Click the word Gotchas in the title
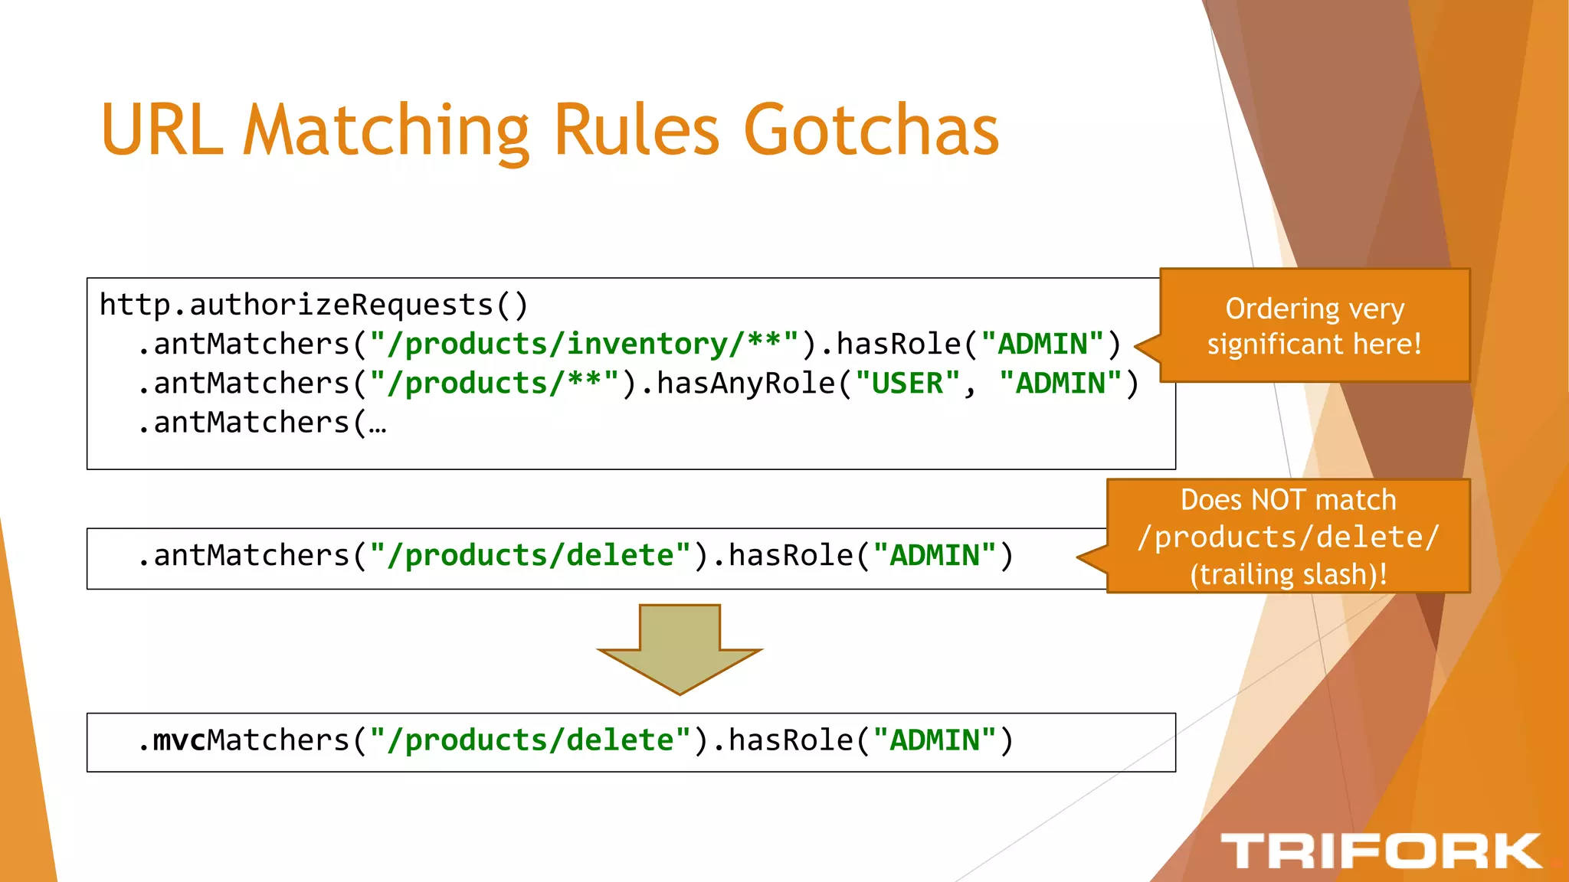point(871,130)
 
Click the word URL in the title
point(162,130)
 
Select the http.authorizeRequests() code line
point(314,305)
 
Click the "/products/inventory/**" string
point(584,344)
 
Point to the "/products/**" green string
point(494,383)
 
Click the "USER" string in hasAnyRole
point(907,383)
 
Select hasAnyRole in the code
point(745,383)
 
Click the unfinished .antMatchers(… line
point(262,423)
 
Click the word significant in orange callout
point(1276,344)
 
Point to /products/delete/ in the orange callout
point(1289,537)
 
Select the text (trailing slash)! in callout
point(1289,574)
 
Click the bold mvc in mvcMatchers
point(179,740)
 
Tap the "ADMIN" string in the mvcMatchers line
point(934,740)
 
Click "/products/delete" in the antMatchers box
point(530,555)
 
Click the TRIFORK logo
point(1381,851)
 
